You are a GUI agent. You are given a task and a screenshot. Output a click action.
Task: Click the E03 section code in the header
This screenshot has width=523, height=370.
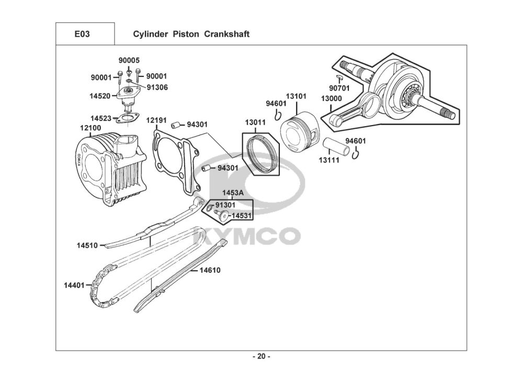82,35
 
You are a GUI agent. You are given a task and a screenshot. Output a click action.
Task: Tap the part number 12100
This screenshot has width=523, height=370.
90,128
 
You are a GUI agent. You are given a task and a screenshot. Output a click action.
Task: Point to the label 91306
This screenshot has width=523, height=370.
157,87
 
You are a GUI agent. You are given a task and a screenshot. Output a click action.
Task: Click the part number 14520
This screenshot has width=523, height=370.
100,96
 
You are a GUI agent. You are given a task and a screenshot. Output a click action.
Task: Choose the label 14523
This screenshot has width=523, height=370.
100,118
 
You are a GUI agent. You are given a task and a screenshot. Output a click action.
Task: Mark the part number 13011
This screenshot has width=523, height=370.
256,122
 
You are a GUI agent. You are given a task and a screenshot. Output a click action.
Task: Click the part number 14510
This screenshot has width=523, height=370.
87,245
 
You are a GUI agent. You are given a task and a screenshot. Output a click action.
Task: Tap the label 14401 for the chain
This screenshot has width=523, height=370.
74,285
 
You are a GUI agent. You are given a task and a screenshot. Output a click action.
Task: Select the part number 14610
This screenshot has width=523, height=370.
210,271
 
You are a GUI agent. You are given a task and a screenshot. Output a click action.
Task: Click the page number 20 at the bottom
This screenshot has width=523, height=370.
261,357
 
